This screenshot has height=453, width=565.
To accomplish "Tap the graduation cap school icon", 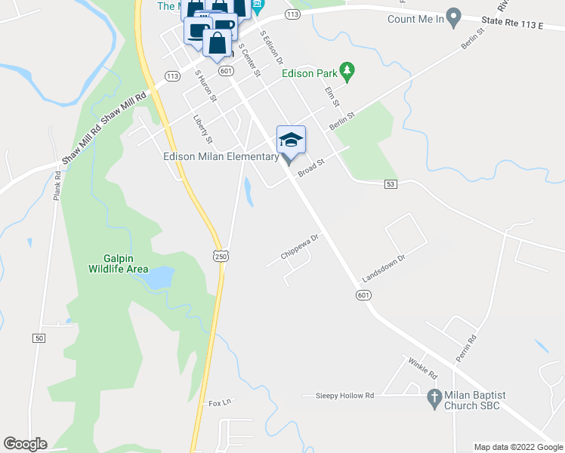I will tap(292, 139).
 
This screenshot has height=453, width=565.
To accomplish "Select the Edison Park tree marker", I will tap(347, 72).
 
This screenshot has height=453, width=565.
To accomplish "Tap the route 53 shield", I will tap(391, 183).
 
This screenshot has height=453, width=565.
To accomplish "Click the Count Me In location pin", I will tap(453, 17).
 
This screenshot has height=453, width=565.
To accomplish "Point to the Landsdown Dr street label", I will tap(384, 268).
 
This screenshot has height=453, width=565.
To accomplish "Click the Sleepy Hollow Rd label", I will tap(344, 395).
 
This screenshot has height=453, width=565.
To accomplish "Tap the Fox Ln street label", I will tap(219, 402).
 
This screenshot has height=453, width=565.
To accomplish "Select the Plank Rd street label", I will tap(57, 184).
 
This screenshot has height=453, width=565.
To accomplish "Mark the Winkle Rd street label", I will tap(422, 368).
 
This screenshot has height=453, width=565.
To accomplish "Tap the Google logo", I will tap(25, 444).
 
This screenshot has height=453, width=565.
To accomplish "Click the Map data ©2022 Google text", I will tap(518, 447).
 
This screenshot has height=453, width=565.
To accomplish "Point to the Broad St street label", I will tap(310, 168).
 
